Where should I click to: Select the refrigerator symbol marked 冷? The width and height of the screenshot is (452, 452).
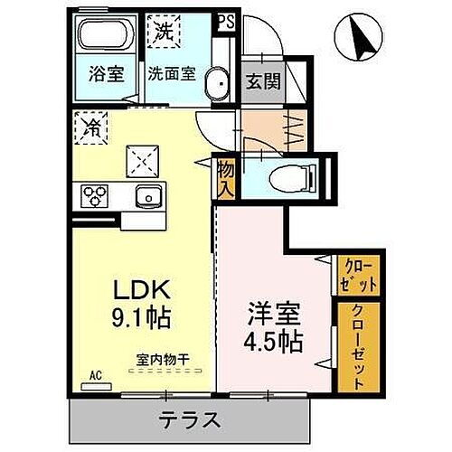click(x=89, y=125)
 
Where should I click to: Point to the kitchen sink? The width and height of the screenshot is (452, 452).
click(x=147, y=196)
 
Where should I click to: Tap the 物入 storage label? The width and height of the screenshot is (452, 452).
click(x=225, y=177)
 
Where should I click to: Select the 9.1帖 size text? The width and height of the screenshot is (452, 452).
click(x=141, y=318)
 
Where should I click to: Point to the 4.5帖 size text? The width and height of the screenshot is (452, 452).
click(x=274, y=343)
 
